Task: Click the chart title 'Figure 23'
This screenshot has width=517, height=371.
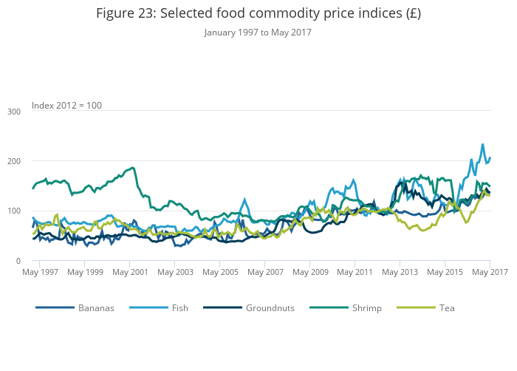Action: click(258, 14)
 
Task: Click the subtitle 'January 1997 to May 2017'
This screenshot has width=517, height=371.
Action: click(258, 33)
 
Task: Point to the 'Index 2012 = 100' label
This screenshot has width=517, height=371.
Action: click(66, 106)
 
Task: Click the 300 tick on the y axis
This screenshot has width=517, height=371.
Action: click(13, 112)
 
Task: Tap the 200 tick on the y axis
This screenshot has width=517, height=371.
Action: click(13, 161)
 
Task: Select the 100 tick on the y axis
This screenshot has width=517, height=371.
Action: click(13, 211)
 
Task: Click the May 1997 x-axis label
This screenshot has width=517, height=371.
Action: click(40, 273)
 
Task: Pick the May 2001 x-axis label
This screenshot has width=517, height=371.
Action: click(130, 273)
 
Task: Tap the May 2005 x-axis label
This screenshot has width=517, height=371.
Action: click(220, 273)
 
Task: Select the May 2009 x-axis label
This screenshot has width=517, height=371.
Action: click(310, 273)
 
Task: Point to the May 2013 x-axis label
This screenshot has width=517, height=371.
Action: click(400, 273)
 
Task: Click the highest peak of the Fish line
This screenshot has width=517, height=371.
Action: click(483, 145)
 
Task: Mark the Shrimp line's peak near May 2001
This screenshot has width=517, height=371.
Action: click(132, 167)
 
